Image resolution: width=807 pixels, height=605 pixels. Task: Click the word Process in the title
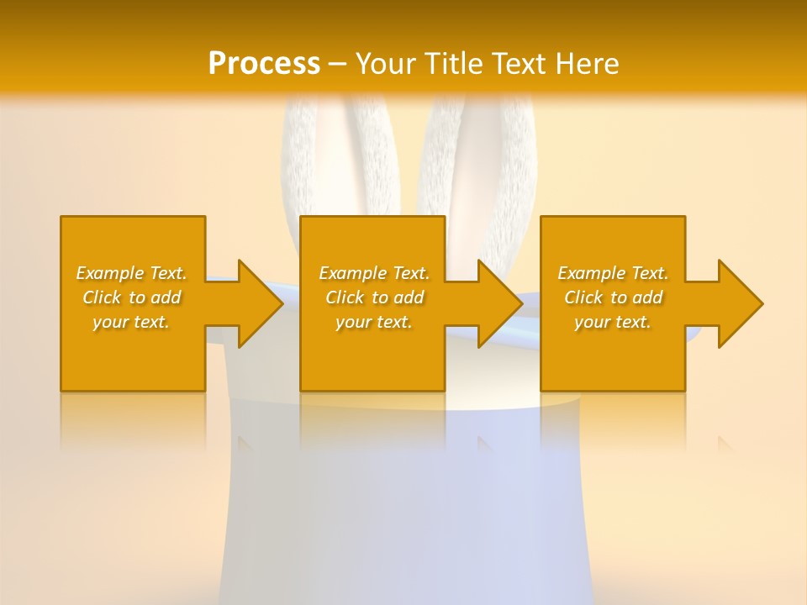pyautogui.click(x=264, y=64)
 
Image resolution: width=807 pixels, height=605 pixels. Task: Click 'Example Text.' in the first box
pyautogui.click(x=131, y=273)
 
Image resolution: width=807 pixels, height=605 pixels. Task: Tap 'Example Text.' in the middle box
pyautogui.click(x=374, y=273)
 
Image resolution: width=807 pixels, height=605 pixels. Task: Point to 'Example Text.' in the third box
pyautogui.click(x=613, y=273)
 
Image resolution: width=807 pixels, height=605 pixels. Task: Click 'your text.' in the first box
pyautogui.click(x=131, y=322)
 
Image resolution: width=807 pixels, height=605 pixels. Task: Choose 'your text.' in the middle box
pyautogui.click(x=374, y=322)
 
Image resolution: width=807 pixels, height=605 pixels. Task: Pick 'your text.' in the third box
pyautogui.click(x=613, y=322)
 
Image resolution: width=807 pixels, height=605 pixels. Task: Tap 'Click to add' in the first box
pyautogui.click(x=131, y=297)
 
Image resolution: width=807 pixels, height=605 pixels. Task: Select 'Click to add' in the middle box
pyautogui.click(x=374, y=297)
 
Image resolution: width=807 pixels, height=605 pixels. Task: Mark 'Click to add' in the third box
pyautogui.click(x=613, y=297)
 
